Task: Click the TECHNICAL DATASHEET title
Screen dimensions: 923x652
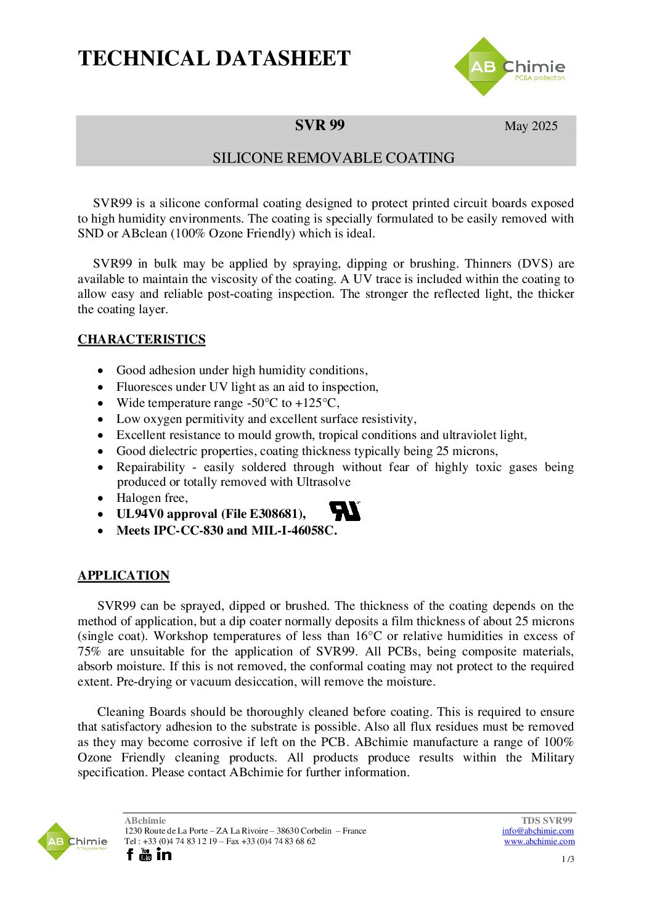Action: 214,59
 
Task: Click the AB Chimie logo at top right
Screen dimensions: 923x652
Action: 510,67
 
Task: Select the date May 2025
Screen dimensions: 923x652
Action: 531,126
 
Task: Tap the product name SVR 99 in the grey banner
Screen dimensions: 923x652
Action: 319,125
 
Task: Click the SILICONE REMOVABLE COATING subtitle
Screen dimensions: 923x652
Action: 333,158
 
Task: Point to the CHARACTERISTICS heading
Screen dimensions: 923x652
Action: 141,339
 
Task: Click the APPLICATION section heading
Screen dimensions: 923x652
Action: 123,575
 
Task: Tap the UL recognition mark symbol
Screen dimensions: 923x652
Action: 344,511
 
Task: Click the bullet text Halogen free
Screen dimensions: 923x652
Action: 152,498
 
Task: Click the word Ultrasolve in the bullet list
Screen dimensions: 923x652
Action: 324,482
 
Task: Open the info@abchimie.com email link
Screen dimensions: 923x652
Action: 537,831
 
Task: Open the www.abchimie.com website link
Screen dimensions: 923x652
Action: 539,841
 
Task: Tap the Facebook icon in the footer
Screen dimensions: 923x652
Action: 129,855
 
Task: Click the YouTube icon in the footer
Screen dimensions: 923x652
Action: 145,855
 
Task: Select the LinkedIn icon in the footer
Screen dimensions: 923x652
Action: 164,855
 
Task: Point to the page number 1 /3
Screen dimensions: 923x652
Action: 568,859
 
